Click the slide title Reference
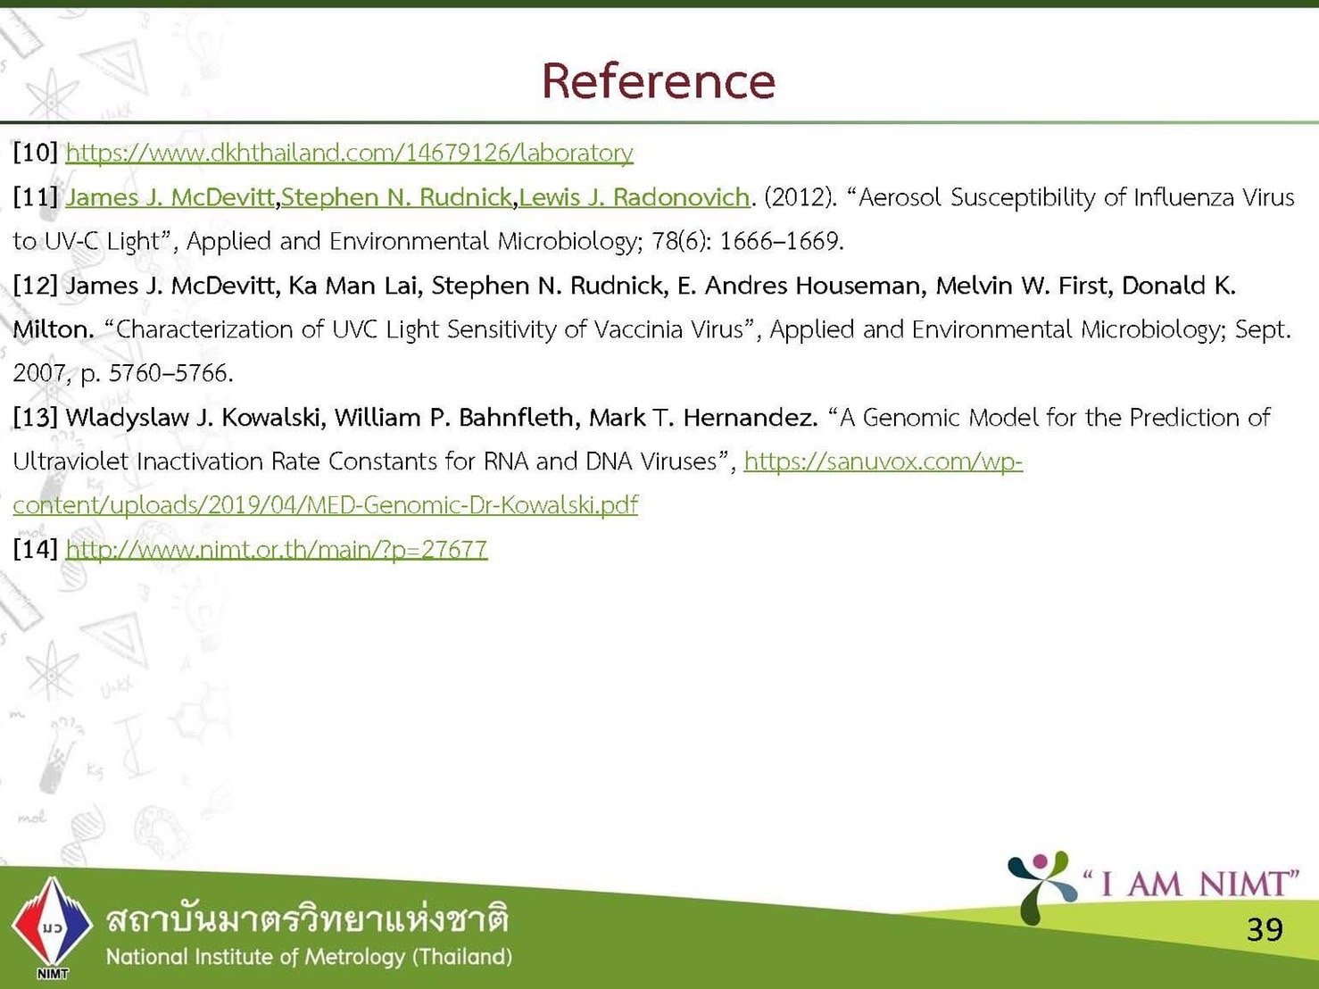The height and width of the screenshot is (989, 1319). tap(659, 81)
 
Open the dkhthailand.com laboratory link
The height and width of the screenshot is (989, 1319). tap(349, 153)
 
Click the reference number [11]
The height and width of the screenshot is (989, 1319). tap(36, 197)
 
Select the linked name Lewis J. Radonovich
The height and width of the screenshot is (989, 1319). tap(635, 197)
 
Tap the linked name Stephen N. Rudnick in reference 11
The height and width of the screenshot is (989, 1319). tap(396, 197)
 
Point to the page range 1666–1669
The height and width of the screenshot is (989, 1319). tap(782, 241)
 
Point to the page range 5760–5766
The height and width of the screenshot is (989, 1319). tap(170, 373)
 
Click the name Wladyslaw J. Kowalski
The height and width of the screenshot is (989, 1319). tap(196, 417)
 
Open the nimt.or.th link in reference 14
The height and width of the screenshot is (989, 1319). tap(277, 549)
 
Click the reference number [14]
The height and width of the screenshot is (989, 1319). tap(36, 549)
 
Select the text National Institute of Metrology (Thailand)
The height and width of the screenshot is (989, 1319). tap(309, 957)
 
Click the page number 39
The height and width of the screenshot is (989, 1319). tap(1265, 930)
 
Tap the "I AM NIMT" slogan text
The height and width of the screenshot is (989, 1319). tap(1190, 884)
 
